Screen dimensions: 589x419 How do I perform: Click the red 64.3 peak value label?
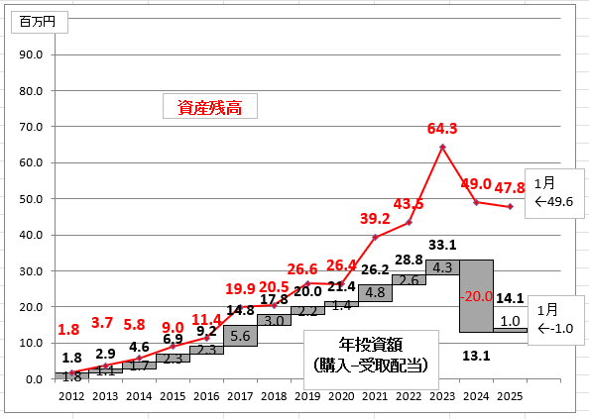tap(442, 129)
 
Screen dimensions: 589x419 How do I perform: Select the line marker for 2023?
tap(442, 147)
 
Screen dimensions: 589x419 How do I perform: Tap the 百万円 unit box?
tap(40, 22)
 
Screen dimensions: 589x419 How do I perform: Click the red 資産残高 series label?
tap(210, 106)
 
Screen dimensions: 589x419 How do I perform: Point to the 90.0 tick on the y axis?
tap(31, 54)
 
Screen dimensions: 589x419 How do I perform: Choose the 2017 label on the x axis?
tap(240, 396)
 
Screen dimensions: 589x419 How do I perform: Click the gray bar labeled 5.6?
tap(240, 336)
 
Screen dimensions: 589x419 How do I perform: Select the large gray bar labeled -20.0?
tap(476, 296)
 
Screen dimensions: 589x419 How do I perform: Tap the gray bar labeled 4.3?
tap(442, 267)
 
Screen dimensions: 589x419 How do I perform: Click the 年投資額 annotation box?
tap(371, 360)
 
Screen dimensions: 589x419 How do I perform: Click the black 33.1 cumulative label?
tap(442, 245)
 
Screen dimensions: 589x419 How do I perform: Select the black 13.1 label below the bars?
tap(476, 356)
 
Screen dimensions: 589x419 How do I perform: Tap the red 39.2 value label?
tap(375, 218)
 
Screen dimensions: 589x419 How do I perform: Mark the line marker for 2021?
tap(375, 237)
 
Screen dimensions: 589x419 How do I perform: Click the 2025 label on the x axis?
tap(510, 396)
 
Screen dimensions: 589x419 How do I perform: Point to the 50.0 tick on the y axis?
tap(31, 199)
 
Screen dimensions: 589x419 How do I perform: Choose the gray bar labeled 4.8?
tap(375, 292)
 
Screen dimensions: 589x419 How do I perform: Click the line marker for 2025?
tap(510, 206)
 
